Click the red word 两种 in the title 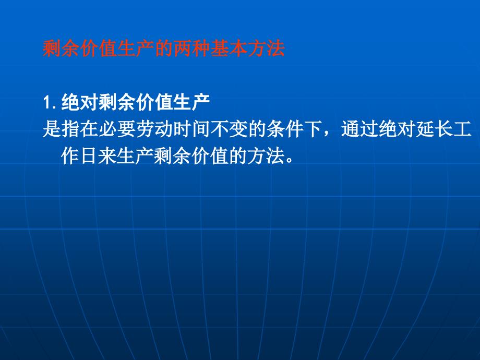(x=192, y=49)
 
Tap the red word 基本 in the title (x=229, y=49)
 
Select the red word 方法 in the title (x=267, y=49)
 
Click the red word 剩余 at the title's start (x=61, y=49)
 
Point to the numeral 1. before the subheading (x=50, y=103)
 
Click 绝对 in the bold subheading (x=80, y=102)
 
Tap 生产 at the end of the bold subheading (x=191, y=102)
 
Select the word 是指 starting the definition (x=61, y=129)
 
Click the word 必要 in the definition (x=117, y=129)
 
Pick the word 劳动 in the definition (x=154, y=129)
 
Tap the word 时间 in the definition (x=192, y=129)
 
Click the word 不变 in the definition (x=229, y=129)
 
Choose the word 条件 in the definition (x=285, y=129)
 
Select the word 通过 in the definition (x=359, y=129)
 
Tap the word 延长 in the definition (x=435, y=129)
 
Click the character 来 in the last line (x=107, y=156)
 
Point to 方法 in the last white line (x=266, y=156)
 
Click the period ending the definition (x=290, y=161)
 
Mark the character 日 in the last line (x=89, y=156)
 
